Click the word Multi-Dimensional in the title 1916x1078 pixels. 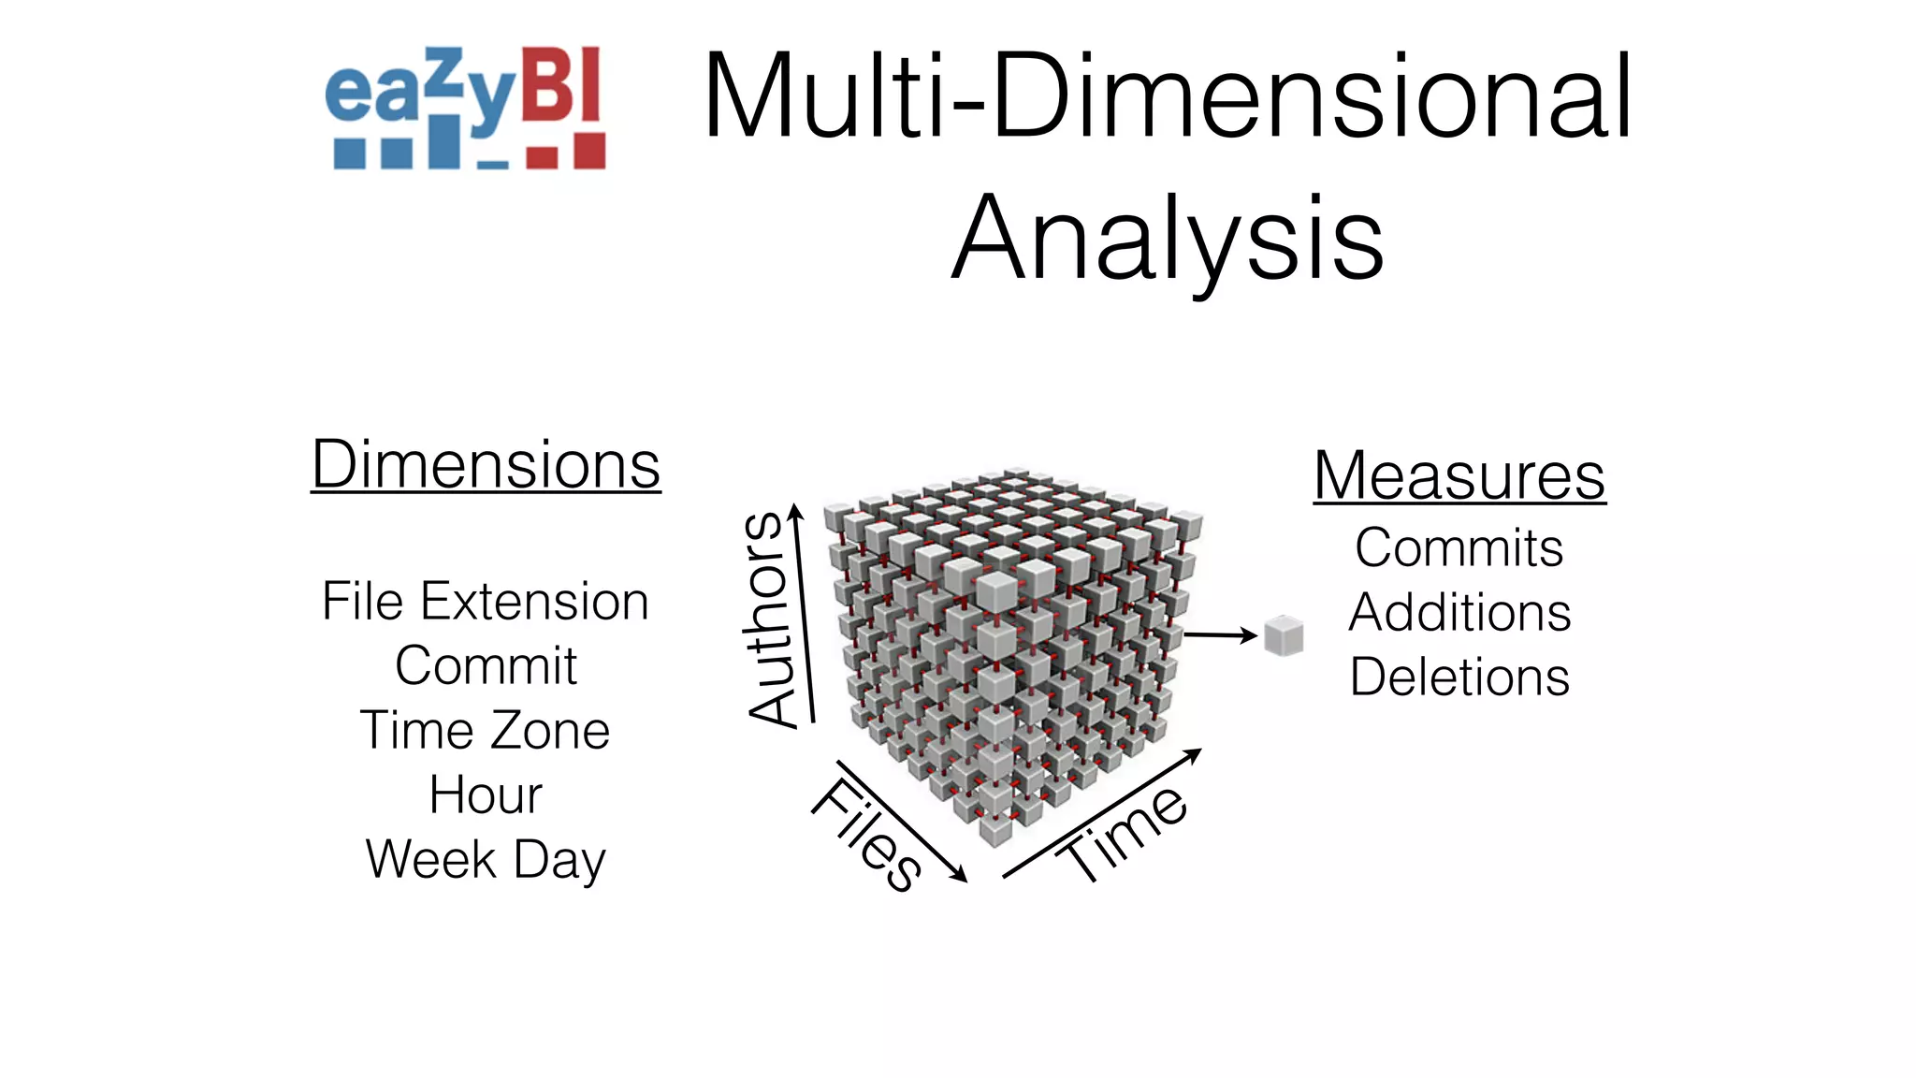pyautogui.click(x=1167, y=97)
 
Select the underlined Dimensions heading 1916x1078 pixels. pyautogui.click(x=486, y=465)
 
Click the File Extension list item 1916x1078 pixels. pyautogui.click(x=485, y=601)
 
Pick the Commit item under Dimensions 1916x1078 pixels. pyautogui.click(x=486, y=665)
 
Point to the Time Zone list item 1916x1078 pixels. pyautogui.click(x=485, y=730)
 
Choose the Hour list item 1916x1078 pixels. pyautogui.click(x=486, y=794)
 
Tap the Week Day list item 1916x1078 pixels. pyautogui.click(x=486, y=859)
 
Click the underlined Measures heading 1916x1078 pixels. pyautogui.click(x=1459, y=475)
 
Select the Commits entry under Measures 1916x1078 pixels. pyautogui.click(x=1459, y=547)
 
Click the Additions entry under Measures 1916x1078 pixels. pyautogui.click(x=1459, y=612)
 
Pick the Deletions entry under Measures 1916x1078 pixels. pyautogui.click(x=1459, y=677)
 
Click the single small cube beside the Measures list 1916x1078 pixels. pyautogui.click(x=1284, y=636)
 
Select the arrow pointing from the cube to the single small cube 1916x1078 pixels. pyautogui.click(x=1220, y=635)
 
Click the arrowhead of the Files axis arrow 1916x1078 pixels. pyautogui.click(x=960, y=876)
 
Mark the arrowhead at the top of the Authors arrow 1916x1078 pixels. pyautogui.click(x=795, y=511)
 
